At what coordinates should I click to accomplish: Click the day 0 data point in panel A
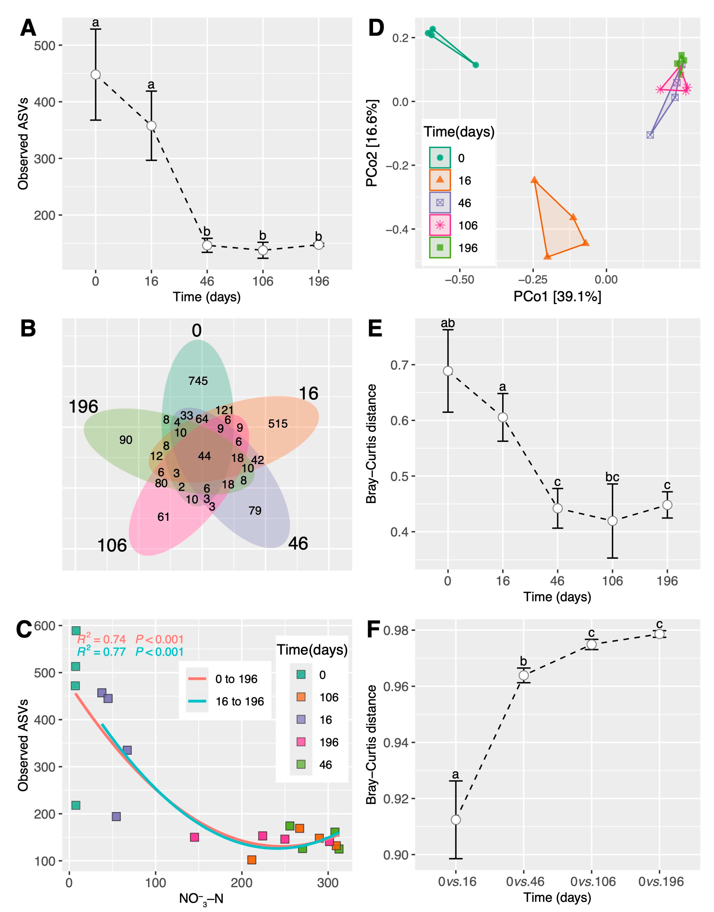click(x=96, y=74)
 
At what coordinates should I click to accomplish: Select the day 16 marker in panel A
click(x=151, y=126)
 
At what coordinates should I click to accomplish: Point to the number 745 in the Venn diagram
click(x=198, y=381)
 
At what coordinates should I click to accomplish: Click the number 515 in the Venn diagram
click(x=277, y=424)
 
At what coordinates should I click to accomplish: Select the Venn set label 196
click(x=83, y=407)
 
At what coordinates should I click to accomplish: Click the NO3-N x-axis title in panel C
click(x=201, y=898)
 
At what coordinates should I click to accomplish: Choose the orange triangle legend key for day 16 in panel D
click(x=440, y=180)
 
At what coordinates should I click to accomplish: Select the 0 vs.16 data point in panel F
click(x=456, y=820)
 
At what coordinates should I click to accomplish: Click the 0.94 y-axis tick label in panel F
click(x=396, y=743)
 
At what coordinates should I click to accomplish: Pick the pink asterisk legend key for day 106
click(x=440, y=225)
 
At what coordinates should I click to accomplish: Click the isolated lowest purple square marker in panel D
click(x=650, y=135)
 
